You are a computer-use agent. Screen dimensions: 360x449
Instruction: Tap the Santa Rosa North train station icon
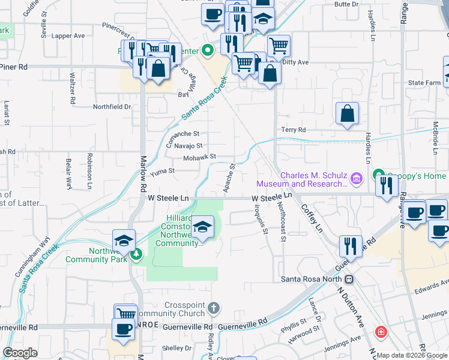[349, 279]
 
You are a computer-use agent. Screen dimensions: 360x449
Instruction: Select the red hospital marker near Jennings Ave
[380, 332]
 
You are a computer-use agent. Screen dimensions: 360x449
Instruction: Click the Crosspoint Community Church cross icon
[213, 308]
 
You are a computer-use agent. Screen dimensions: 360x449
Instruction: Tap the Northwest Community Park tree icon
[136, 254]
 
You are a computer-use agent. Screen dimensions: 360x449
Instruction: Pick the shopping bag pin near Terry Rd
[347, 113]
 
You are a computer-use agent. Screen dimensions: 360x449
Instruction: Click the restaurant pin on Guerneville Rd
[349, 245]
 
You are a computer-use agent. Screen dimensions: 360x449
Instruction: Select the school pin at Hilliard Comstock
[203, 228]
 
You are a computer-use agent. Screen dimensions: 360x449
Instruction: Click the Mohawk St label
[200, 157]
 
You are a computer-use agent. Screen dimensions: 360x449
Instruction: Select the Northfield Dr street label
[112, 107]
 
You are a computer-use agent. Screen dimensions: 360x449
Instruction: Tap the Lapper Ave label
[68, 36]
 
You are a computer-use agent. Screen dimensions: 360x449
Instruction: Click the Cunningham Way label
[38, 254]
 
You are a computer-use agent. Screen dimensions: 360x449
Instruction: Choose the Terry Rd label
[294, 130]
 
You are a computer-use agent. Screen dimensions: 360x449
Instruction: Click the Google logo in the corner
[20, 353]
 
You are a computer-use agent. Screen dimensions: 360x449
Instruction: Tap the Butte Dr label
[346, 4]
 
